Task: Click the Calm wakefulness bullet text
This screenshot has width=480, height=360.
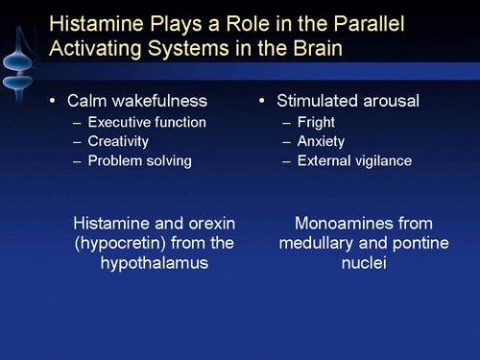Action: tap(136, 100)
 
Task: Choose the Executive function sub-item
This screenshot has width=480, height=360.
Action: tap(146, 122)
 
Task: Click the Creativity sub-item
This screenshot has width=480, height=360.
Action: tap(118, 141)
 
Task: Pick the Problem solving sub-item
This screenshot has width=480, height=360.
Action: tap(139, 160)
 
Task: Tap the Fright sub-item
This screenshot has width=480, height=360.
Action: tap(316, 122)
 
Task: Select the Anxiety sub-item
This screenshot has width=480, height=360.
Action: tap(322, 141)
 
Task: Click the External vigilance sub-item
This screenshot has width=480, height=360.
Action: tap(354, 160)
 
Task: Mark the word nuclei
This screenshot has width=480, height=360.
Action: tap(364, 262)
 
